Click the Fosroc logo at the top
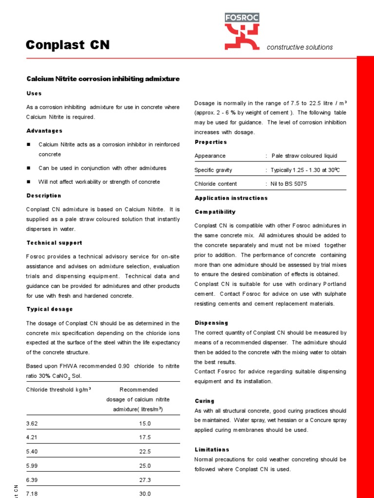(x=242, y=32)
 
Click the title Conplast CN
(x=67, y=45)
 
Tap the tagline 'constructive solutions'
(x=299, y=47)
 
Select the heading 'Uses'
(x=34, y=93)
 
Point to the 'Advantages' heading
(x=44, y=131)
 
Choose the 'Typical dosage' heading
(x=49, y=309)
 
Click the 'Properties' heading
(x=210, y=142)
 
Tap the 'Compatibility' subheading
(x=215, y=212)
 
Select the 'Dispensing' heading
(x=211, y=322)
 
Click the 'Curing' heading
(x=205, y=401)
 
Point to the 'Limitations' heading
(x=212, y=449)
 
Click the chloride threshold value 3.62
(x=32, y=424)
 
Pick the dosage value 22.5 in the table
(x=145, y=451)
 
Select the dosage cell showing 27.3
(x=145, y=480)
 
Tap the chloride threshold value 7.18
(x=32, y=494)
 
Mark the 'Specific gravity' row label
(x=213, y=170)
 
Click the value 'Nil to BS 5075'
(x=289, y=184)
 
